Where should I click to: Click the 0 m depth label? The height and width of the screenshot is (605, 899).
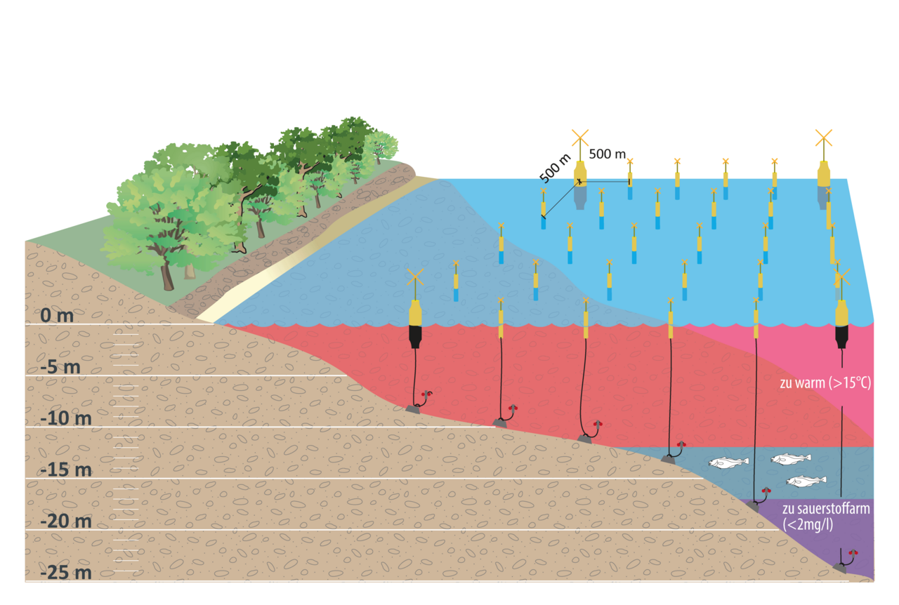click(57, 316)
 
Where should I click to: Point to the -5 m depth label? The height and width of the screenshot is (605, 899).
click(60, 368)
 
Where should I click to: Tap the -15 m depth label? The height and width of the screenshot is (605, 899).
click(66, 470)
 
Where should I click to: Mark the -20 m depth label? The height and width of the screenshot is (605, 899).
click(66, 521)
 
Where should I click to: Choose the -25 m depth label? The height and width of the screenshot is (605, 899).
click(66, 573)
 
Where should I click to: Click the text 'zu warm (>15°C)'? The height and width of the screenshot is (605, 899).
click(826, 384)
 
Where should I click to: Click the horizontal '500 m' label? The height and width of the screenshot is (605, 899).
click(607, 154)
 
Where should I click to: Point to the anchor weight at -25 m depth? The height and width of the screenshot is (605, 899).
click(839, 566)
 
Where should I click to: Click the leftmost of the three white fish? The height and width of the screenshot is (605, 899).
click(728, 463)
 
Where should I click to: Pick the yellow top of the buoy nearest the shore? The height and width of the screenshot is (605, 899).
click(416, 313)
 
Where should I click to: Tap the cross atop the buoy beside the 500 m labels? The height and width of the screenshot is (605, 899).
click(579, 137)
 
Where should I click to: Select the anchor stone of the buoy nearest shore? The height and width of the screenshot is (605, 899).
click(413, 408)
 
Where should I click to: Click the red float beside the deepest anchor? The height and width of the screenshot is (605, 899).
click(854, 553)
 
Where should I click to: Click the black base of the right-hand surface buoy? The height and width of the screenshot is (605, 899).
click(841, 338)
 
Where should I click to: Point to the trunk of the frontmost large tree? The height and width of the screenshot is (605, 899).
click(167, 276)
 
